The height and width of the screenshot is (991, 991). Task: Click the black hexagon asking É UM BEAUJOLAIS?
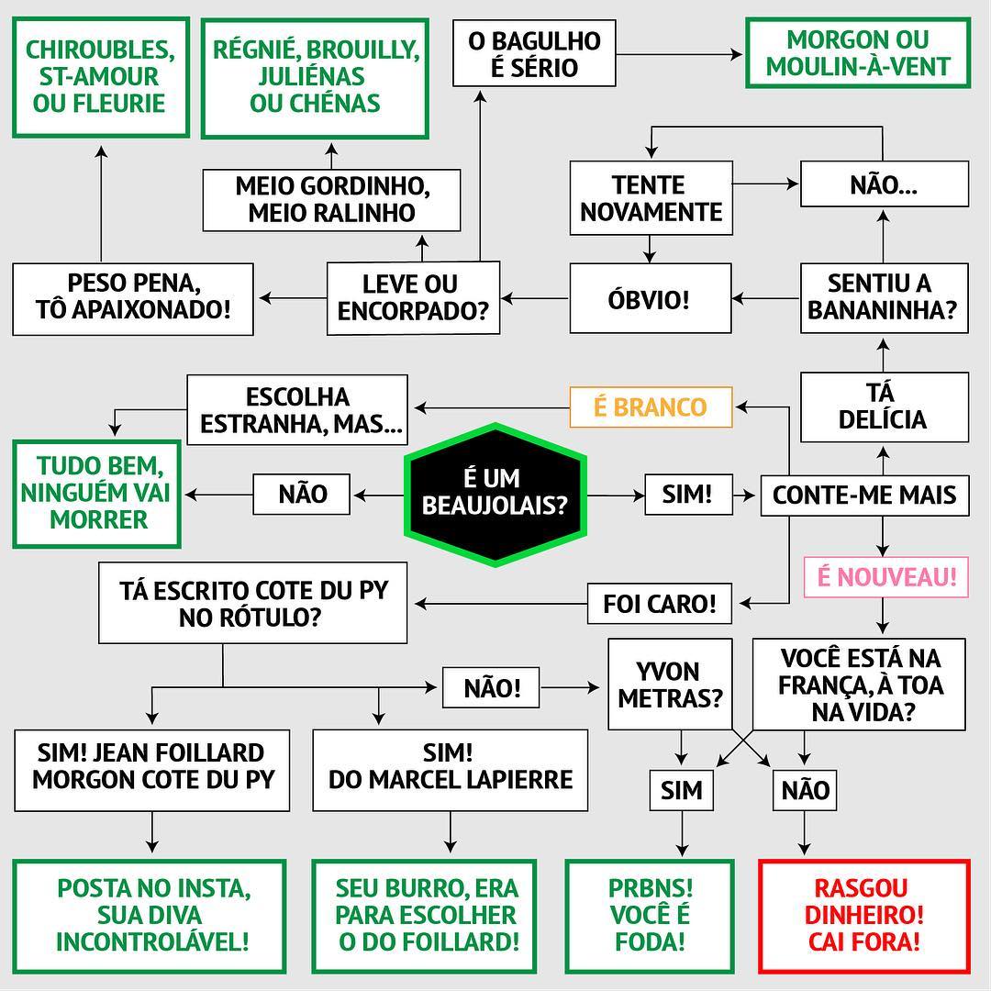495,494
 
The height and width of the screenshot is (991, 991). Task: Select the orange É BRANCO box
651,407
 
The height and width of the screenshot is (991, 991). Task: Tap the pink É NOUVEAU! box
886,577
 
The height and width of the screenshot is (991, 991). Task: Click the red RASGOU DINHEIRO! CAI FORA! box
863,915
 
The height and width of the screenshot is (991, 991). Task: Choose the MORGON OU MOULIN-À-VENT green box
858,53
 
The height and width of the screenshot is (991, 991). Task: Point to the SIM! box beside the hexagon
687,494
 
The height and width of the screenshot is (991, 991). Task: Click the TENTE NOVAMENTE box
651,198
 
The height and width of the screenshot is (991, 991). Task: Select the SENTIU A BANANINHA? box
882,296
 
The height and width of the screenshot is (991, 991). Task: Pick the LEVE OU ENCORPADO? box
412,297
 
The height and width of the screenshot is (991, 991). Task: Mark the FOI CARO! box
659,605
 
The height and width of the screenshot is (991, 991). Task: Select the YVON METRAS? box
670,685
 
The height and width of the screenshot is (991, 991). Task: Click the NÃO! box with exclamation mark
492,687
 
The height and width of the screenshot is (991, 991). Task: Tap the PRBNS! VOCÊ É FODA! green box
650,915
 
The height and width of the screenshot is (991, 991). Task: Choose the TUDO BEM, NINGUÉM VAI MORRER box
97,494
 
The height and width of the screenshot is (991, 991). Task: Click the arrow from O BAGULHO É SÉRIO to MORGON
679,55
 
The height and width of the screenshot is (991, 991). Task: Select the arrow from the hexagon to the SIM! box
615,495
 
